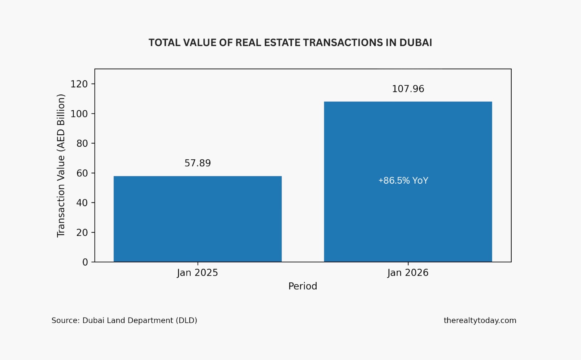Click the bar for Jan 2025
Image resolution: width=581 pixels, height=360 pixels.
point(198,219)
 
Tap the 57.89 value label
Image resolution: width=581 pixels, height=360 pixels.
point(198,163)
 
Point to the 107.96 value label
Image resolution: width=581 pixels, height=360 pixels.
point(408,89)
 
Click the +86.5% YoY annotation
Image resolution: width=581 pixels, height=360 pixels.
point(403,181)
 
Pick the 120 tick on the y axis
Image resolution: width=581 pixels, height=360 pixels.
point(79,84)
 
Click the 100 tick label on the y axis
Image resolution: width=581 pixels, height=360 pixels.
point(79,114)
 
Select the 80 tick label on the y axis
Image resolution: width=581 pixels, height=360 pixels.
point(82,144)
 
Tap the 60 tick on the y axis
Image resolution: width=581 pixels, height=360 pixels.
point(82,173)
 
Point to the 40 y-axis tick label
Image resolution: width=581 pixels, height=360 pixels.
point(82,203)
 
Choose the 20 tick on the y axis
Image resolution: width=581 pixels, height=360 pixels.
point(82,233)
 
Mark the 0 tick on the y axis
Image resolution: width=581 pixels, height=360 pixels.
point(85,262)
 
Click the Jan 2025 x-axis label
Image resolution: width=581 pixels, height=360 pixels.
point(198,273)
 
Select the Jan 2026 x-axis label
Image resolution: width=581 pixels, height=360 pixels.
point(408,273)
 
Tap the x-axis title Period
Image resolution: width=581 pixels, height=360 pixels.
point(302,286)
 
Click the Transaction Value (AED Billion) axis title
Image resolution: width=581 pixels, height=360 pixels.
point(61,165)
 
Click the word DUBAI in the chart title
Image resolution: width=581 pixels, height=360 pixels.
point(415,43)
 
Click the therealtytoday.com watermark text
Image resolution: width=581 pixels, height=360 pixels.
point(480,320)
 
